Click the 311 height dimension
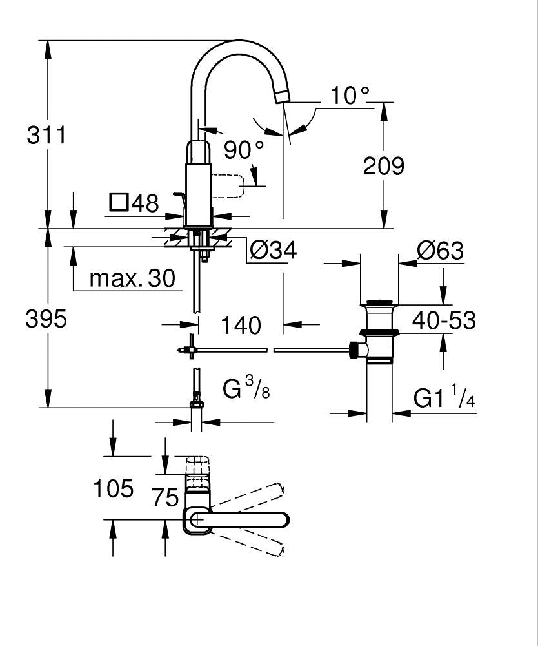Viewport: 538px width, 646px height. click(46, 135)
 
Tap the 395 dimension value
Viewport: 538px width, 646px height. click(46, 318)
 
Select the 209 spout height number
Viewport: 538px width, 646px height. click(383, 165)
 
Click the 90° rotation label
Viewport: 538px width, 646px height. click(243, 149)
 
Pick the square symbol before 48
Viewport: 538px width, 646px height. click(119, 203)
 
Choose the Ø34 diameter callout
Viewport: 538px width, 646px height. click(274, 249)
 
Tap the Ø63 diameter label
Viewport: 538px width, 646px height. click(440, 250)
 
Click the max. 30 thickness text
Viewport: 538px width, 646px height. click(132, 278)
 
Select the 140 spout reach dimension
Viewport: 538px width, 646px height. click(241, 325)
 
